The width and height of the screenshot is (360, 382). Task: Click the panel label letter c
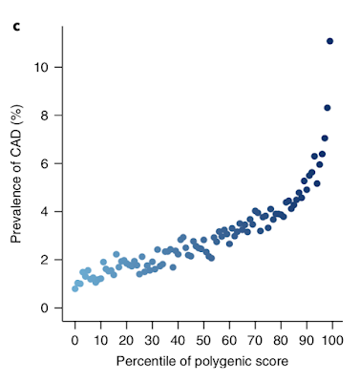pos(16,12)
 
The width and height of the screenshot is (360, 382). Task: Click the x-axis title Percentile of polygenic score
pos(203,362)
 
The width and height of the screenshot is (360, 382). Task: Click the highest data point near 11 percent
pos(329,41)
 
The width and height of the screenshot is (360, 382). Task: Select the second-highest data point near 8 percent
pos(327,108)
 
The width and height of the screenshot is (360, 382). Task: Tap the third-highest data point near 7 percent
pos(325,138)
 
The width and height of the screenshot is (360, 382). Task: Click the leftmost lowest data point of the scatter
pos(75,287)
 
